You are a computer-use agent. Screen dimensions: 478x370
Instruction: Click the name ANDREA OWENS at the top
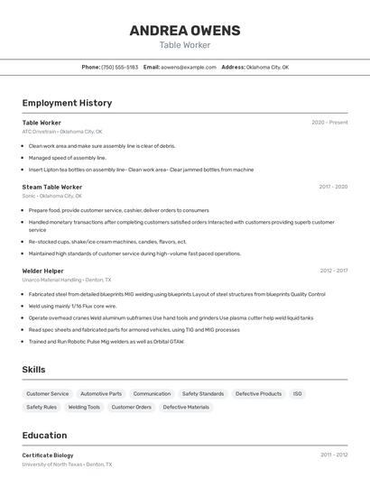185,31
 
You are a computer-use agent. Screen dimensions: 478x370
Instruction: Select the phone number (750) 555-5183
119,67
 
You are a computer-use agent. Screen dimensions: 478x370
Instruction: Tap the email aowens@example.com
189,67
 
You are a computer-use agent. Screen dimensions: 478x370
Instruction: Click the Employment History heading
67,103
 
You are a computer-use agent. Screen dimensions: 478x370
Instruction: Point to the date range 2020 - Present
329,123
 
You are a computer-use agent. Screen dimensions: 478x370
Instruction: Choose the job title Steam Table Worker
52,188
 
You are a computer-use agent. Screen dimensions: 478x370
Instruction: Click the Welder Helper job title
43,270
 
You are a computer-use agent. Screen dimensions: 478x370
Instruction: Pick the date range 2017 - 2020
333,188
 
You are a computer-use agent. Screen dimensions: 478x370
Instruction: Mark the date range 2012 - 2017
333,270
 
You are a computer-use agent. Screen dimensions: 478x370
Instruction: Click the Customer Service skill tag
47,394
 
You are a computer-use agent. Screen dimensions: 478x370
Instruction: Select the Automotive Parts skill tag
101,394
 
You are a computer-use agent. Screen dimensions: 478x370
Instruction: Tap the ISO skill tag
298,394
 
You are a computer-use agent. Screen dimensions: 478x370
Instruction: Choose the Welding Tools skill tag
84,408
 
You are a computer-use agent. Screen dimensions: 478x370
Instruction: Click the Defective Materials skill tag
186,408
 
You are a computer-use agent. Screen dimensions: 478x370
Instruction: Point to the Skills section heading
34,370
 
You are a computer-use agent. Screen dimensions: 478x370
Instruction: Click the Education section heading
44,435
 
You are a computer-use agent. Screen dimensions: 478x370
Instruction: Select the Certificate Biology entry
48,455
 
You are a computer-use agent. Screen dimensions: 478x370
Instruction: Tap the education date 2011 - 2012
333,455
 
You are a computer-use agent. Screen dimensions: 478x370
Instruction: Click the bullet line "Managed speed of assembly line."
68,158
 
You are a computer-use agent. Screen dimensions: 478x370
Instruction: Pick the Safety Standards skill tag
203,394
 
